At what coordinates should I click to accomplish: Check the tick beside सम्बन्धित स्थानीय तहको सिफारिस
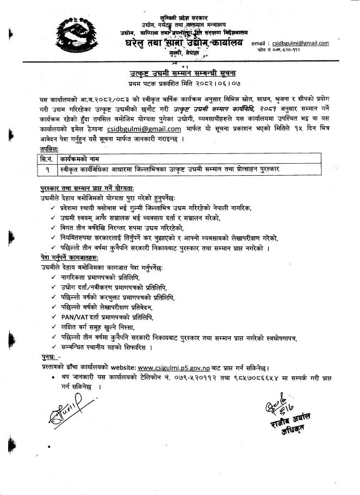[50, 346]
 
